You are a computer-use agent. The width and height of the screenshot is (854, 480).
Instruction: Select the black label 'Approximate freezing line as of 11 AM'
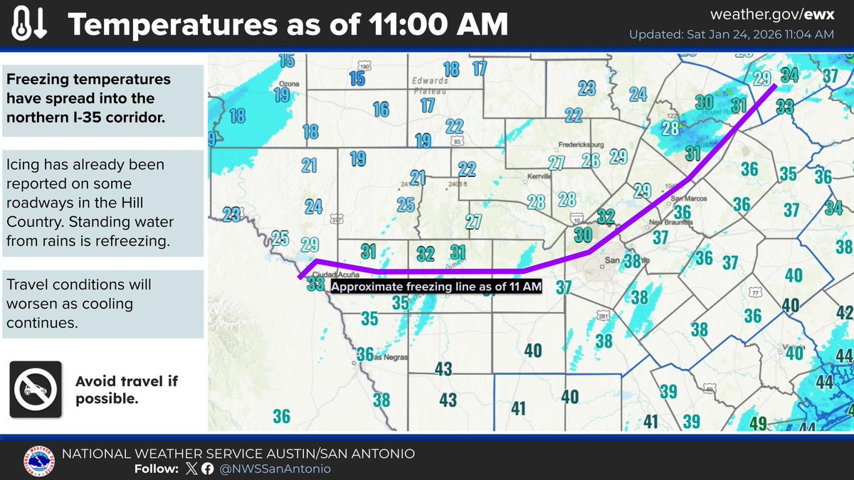click(x=436, y=287)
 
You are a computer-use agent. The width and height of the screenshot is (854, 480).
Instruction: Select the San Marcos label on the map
click(x=687, y=198)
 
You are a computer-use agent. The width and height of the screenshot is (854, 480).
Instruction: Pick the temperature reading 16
click(x=381, y=109)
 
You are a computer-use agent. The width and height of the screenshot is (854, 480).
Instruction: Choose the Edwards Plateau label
click(x=429, y=86)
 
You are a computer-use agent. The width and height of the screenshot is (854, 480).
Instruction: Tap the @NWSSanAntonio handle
click(x=275, y=469)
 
